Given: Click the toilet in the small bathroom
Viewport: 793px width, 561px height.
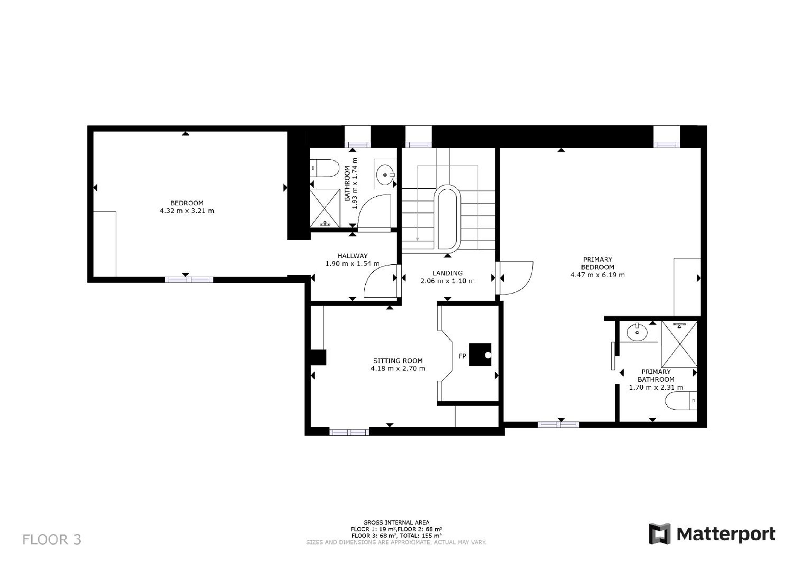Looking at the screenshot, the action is click(324, 168).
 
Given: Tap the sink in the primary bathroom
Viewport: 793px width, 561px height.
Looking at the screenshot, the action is click(637, 332).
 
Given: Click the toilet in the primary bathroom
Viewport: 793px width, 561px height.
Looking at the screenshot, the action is click(681, 401).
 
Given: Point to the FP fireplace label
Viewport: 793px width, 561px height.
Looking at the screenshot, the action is click(462, 356).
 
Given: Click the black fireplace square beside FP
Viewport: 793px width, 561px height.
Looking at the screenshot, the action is click(480, 355).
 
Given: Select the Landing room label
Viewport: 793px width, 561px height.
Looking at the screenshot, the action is click(447, 273).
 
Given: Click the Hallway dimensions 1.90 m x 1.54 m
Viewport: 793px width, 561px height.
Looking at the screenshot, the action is click(352, 264).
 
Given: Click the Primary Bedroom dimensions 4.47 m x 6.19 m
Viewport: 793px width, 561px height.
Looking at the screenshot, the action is click(598, 275).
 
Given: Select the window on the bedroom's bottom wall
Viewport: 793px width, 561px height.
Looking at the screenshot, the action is click(189, 280).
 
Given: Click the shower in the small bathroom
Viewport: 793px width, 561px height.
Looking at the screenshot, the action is click(325, 208).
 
